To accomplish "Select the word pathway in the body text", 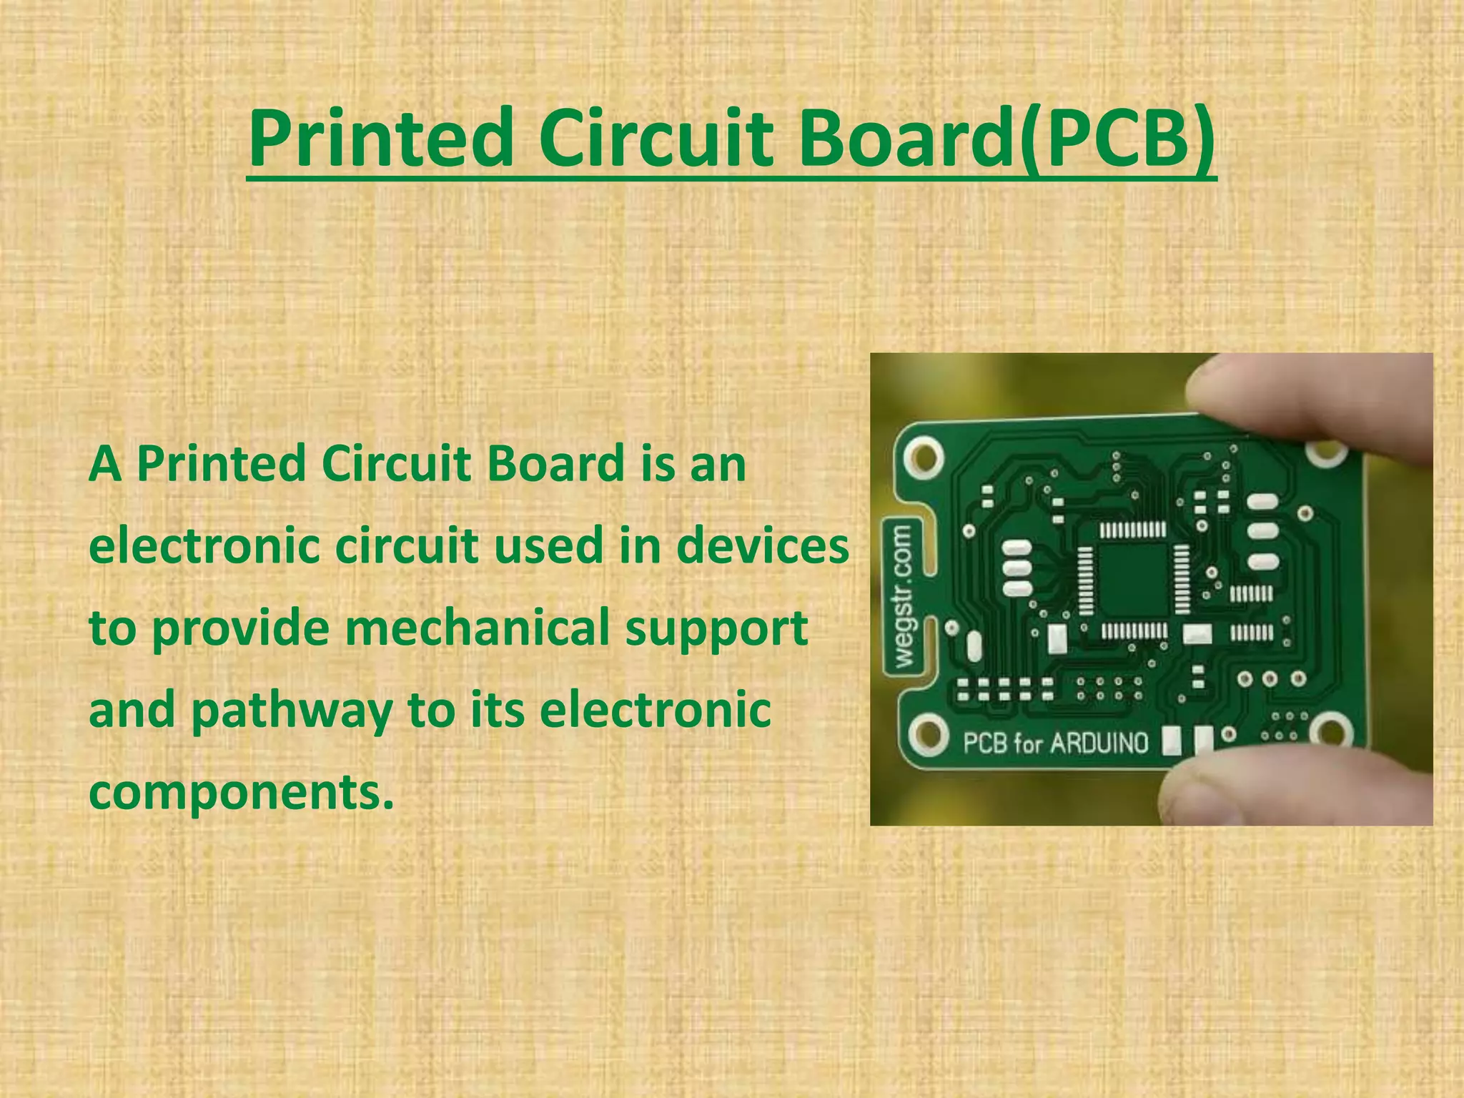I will (x=292, y=710).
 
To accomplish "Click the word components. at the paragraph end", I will (x=242, y=792).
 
